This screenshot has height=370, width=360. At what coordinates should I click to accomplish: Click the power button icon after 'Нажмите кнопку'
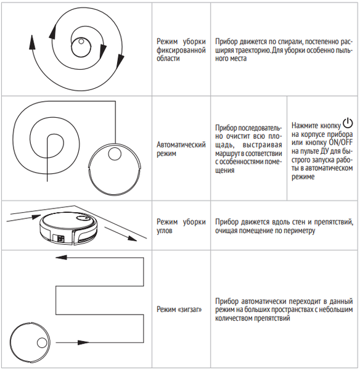[x=348, y=123]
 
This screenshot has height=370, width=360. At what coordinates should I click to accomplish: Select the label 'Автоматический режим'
[x=181, y=149]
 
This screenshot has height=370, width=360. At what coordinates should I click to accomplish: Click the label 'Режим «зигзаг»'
[x=179, y=309]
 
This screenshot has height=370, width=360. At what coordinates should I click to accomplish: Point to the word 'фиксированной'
[x=181, y=50]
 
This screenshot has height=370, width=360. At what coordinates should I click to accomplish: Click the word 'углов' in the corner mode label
[x=165, y=231]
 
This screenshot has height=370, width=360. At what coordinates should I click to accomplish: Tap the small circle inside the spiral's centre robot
[x=81, y=41]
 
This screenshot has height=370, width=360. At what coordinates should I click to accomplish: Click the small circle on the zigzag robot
[x=42, y=343]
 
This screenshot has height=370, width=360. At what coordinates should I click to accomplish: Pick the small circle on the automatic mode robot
[x=115, y=154]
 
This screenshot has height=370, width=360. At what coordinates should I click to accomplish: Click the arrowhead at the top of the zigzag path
[x=62, y=257]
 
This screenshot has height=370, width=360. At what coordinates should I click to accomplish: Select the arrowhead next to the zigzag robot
[x=83, y=342]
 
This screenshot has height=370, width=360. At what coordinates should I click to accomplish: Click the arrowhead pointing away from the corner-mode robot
[x=132, y=238]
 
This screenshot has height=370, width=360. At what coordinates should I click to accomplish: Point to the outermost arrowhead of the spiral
[x=32, y=43]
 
